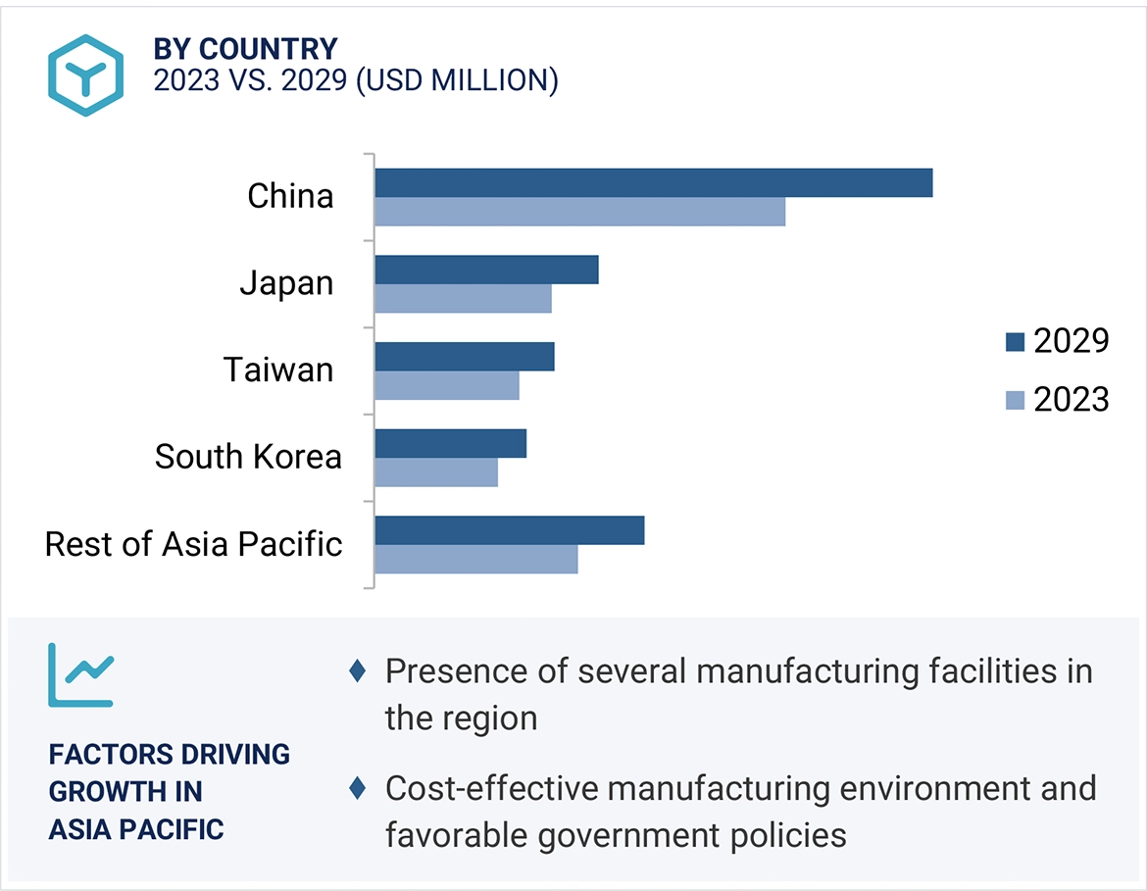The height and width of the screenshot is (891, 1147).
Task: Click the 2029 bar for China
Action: pos(653,183)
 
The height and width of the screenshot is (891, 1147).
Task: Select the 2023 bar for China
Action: pos(579,212)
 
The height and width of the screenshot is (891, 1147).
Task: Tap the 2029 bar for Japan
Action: pos(486,270)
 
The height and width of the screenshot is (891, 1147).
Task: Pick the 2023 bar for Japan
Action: pos(463,298)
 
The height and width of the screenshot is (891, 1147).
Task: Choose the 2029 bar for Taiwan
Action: pos(464,357)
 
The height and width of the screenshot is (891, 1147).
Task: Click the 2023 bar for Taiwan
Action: pos(446,385)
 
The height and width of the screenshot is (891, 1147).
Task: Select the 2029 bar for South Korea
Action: pos(450,443)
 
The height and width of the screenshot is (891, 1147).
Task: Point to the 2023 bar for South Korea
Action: pos(435,471)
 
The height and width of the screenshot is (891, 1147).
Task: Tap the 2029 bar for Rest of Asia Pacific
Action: pos(509,530)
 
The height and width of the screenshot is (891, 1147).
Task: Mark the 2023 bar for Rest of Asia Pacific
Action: pos(475,559)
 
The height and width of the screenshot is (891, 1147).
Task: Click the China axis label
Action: pos(290,196)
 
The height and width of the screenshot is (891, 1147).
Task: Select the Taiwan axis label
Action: pos(278,370)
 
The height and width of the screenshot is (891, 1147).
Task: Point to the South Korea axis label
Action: pos(248,457)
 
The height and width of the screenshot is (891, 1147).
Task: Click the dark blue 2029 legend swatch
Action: pos(1015,342)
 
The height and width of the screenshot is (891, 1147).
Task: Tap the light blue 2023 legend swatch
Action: pos(1015,400)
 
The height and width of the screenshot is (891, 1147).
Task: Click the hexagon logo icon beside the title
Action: pos(86,75)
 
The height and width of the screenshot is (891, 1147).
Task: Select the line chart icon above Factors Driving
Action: pos(81,674)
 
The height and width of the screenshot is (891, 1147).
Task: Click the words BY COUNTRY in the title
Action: pos(245,48)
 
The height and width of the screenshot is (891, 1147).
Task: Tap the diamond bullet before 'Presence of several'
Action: pos(358,671)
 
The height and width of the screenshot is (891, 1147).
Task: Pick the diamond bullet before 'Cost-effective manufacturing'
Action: pos(358,787)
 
